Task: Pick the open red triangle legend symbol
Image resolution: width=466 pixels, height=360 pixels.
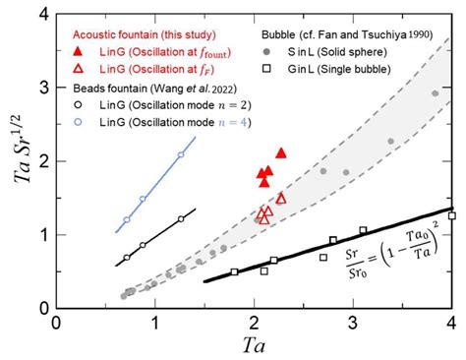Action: click(80, 67)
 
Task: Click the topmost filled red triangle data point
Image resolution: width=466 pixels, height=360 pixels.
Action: click(281, 152)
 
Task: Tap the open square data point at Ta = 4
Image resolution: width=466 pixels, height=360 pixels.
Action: click(451, 215)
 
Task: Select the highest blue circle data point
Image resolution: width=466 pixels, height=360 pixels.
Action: click(181, 155)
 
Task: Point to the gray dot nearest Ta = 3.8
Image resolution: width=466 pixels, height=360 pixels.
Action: click(435, 93)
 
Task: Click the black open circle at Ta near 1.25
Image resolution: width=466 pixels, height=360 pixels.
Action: click(181, 219)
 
